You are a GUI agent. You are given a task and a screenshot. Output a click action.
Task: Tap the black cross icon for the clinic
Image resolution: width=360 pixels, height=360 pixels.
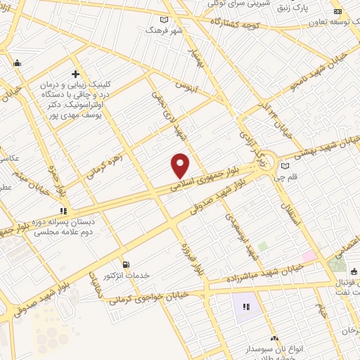(x=75, y=73)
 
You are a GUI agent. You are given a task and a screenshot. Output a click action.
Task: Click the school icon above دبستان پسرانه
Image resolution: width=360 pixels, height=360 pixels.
(x=63, y=210)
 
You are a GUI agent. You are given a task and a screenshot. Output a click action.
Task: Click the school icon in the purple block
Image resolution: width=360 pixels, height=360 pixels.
(x=247, y=307)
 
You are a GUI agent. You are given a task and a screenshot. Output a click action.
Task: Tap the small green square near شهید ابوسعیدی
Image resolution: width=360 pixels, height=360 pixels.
(x=262, y=247)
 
